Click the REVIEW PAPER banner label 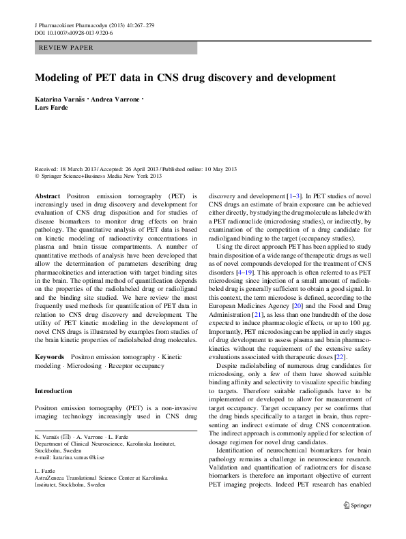(66, 48)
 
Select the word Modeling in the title (61, 78)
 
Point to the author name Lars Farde (51, 108)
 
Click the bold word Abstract (47, 195)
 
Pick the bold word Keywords (50, 356)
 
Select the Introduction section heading (53, 391)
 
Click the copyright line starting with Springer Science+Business (101, 176)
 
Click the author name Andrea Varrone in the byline (116, 99)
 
